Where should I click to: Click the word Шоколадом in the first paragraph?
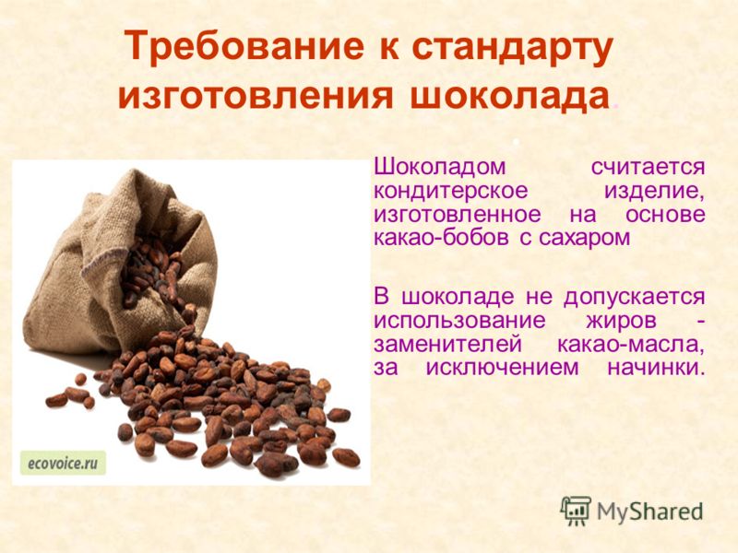tap(439, 167)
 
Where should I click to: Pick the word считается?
tap(649, 168)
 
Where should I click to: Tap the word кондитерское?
tap(450, 192)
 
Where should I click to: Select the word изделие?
tap(655, 192)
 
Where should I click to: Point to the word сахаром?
tap(584, 239)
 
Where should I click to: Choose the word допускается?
tap(635, 297)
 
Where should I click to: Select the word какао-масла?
tap(631, 345)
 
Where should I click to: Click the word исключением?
tap(502, 368)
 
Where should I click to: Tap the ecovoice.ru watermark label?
tap(63, 464)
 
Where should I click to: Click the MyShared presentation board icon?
tap(576, 511)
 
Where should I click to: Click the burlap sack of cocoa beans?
tap(118, 264)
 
